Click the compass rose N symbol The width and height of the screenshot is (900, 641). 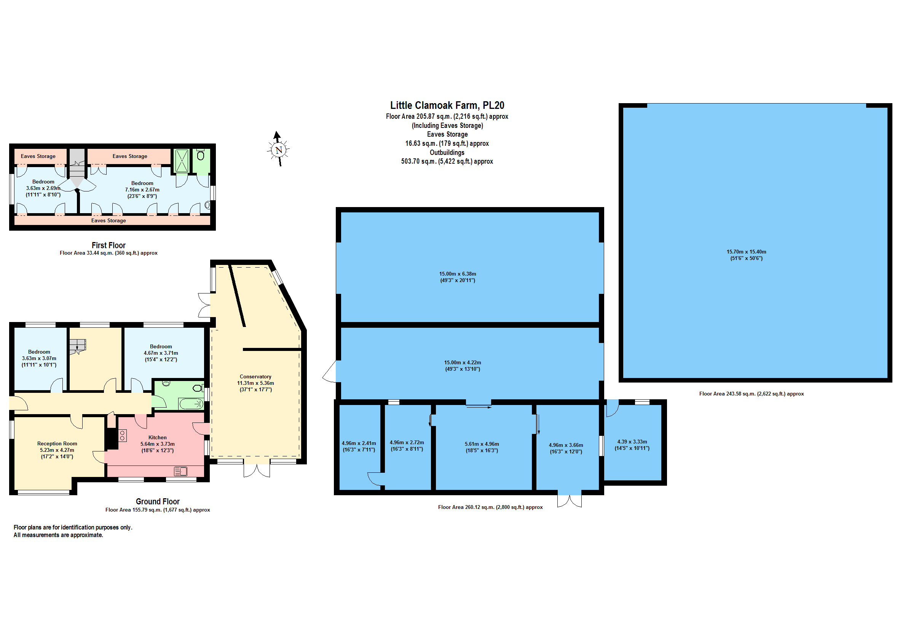coord(279,150)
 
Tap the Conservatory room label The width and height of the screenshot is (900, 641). coord(255,376)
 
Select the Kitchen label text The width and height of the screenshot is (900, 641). coord(158,437)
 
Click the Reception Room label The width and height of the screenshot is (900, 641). coord(57,444)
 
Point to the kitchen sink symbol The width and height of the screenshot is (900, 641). coord(180,471)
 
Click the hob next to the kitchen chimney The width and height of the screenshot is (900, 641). coord(122,435)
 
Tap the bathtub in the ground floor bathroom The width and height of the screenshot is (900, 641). coord(191,403)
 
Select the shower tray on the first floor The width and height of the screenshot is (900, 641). coord(182,161)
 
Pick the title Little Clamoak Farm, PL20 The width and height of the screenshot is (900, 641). coord(447,105)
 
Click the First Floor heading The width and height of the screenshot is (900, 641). coord(109,245)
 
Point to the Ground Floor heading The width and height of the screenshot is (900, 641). coord(158,501)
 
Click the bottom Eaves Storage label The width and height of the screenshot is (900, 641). coord(109,221)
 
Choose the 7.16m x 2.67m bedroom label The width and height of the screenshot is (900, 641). coord(142,190)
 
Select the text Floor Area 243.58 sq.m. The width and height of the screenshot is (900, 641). coord(728,394)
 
